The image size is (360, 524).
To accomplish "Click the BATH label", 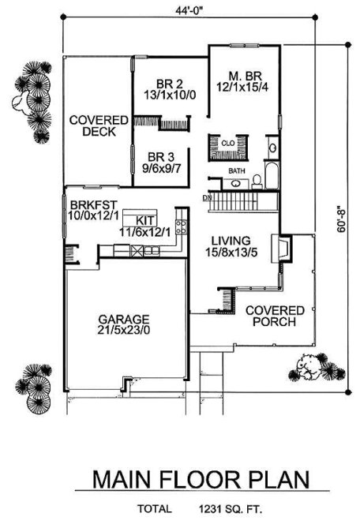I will click(x=236, y=170).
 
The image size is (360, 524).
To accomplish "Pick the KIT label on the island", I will click(x=144, y=219).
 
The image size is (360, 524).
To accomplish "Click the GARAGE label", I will click(x=123, y=320).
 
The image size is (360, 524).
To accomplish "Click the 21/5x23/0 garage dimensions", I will click(x=124, y=332).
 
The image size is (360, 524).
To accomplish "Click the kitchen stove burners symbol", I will click(x=180, y=228).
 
